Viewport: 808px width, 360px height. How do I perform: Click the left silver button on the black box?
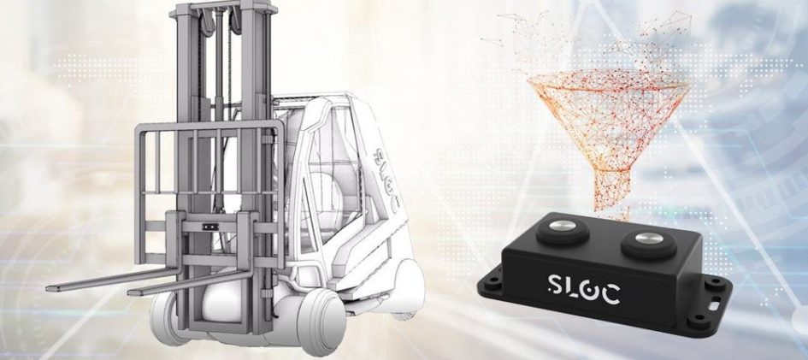560,226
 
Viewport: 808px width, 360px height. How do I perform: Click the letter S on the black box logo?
553,285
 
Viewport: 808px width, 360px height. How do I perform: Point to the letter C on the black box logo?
610,294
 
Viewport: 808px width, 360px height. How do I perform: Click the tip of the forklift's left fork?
49,288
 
